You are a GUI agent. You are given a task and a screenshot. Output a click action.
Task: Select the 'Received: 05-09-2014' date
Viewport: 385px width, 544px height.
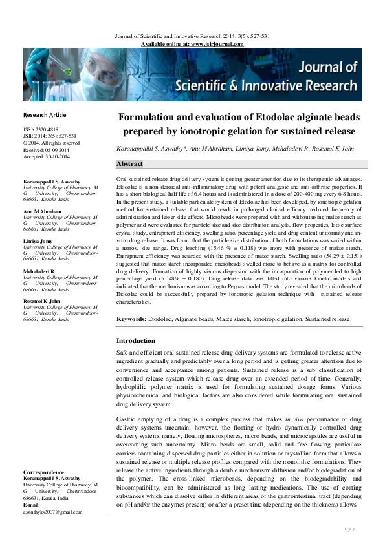click(x=49, y=149)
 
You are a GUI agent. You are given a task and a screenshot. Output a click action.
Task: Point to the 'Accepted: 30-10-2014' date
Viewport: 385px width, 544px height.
click(x=49, y=155)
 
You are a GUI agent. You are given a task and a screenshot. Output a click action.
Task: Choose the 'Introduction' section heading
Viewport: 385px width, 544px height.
click(x=137, y=340)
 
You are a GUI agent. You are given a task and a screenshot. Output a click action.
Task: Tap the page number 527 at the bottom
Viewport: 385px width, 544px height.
click(x=349, y=530)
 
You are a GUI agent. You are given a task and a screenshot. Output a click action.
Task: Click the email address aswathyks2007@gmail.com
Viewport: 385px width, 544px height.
click(x=52, y=512)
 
